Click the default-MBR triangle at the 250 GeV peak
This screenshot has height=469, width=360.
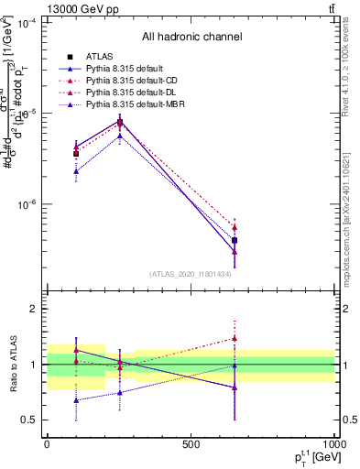click(x=120, y=136)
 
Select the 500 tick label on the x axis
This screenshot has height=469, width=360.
click(x=191, y=444)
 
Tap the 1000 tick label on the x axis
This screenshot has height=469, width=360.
click(x=334, y=444)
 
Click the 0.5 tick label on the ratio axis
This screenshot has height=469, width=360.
click(x=30, y=420)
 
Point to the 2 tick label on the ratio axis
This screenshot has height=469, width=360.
click(x=35, y=309)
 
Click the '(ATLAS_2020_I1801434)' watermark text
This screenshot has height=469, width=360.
click(x=191, y=274)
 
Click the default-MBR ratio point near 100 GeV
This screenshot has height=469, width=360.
click(x=76, y=400)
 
